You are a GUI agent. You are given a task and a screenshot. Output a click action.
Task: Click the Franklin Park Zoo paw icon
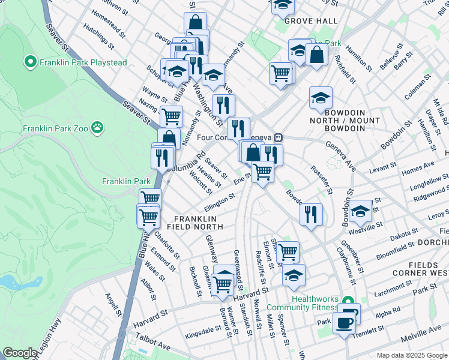[97, 127]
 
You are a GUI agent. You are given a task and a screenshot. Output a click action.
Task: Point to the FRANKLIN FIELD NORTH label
[199, 223]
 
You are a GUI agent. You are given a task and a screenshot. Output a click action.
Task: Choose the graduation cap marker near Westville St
[360, 210]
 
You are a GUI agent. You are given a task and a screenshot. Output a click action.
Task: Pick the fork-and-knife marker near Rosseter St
[311, 214]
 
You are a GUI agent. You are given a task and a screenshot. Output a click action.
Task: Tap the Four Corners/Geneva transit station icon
[278, 137]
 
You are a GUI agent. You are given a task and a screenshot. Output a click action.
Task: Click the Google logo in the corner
[20, 353]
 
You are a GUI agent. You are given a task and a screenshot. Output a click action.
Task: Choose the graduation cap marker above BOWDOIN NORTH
[321, 97]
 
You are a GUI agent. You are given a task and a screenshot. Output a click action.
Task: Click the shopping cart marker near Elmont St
[288, 251]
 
